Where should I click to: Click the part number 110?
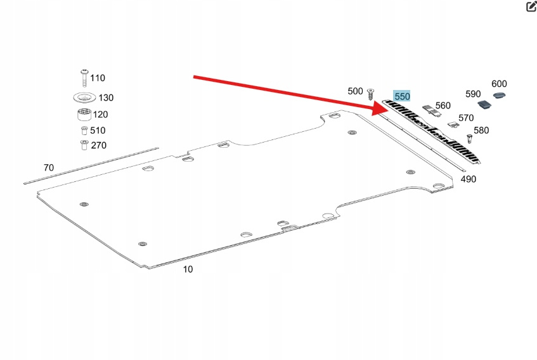pyautogui.click(x=97, y=78)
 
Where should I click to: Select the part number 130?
pyautogui.click(x=105, y=98)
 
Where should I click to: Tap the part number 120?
pyautogui.click(x=100, y=115)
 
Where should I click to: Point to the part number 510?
pyautogui.click(x=98, y=131)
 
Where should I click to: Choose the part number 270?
pyautogui.click(x=98, y=145)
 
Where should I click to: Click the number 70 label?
pyautogui.click(x=48, y=168)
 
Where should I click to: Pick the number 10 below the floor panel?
pyautogui.click(x=188, y=269)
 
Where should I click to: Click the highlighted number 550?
pyautogui.click(x=403, y=96)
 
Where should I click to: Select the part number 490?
pyautogui.click(x=468, y=179)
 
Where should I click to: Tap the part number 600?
pyautogui.click(x=499, y=84)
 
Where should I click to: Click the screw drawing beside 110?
pyautogui.click(x=83, y=78)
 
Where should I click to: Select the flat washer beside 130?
pyautogui.click(x=83, y=98)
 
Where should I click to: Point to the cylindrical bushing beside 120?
pyautogui.click(x=83, y=115)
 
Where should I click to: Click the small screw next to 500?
pyautogui.click(x=372, y=98)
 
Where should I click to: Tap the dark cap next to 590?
pyautogui.click(x=485, y=103)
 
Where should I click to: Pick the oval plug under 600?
pyautogui.click(x=500, y=96)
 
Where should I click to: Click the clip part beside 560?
pyautogui.click(x=431, y=109)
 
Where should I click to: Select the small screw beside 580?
pyautogui.click(x=469, y=137)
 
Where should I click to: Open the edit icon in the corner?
pyautogui.click(x=531, y=7)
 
